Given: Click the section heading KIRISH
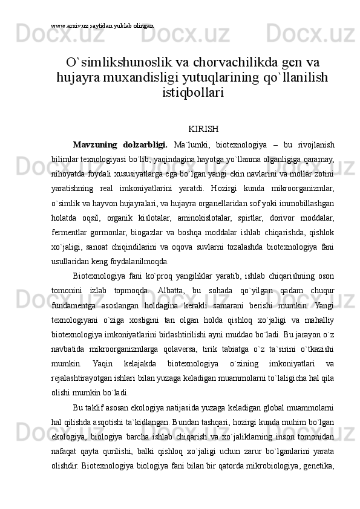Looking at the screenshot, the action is point(203,129).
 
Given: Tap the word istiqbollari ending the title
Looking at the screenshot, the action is point(193,92).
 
